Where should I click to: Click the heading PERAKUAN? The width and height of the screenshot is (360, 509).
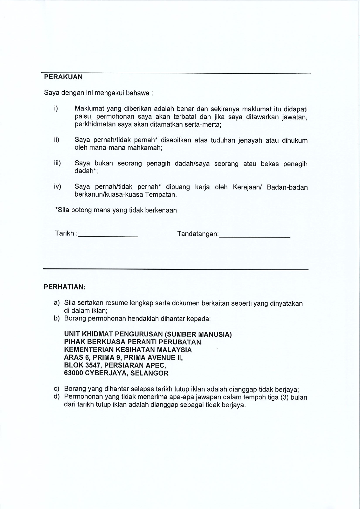63,77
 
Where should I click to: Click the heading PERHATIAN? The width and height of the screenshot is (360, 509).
64,287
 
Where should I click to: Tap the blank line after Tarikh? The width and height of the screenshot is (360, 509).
108,236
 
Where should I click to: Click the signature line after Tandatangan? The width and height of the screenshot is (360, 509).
254,236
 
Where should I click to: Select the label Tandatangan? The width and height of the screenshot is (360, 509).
197,234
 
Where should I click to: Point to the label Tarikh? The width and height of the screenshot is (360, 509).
64,233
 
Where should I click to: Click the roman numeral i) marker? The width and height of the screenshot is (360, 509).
56,109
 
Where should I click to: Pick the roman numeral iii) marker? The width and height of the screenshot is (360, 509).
57,163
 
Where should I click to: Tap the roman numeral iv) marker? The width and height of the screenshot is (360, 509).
57,186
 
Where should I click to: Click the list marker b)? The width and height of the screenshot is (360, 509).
57,318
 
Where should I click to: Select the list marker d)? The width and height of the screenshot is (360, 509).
57,396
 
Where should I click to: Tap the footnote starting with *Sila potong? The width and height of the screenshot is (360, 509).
116,210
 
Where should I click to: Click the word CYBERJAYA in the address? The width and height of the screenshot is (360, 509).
106,373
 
